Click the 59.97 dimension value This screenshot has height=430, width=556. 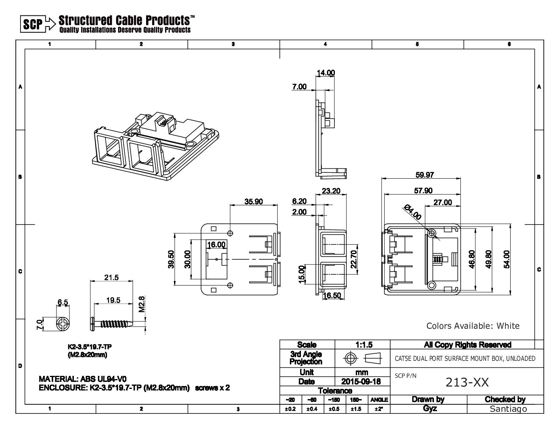425,175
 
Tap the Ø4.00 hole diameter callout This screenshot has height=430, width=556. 412,212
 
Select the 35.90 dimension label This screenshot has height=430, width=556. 253,202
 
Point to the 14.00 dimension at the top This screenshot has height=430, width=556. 326,73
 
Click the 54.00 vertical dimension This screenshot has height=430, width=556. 506,259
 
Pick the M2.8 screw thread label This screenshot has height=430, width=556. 141,304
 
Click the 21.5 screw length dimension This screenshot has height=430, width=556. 111,277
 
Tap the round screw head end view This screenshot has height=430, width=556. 62,324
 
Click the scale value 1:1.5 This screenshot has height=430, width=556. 364,345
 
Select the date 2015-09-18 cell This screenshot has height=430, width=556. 361,382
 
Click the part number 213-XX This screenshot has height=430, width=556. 467,382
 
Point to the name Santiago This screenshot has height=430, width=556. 508,409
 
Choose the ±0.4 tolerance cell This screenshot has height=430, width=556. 312,409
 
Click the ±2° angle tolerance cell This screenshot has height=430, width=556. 379,409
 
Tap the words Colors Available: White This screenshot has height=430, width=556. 473,326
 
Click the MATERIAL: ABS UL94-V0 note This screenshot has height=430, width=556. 83,379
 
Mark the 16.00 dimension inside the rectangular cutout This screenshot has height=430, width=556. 216,245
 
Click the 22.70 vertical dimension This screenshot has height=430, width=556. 353,259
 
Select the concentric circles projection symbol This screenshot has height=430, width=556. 350,358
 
